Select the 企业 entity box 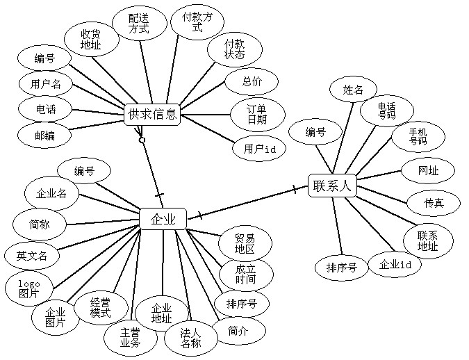(x=163, y=220)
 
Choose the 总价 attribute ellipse (x=252, y=81)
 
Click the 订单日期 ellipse (x=256, y=114)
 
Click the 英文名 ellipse (x=31, y=256)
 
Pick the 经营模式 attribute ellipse (x=100, y=308)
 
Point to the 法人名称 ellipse (x=190, y=338)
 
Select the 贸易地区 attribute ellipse (x=245, y=244)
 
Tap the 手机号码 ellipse (x=416, y=136)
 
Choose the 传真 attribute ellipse (x=434, y=203)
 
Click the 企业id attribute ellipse (x=395, y=264)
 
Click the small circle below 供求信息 (x=142, y=140)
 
